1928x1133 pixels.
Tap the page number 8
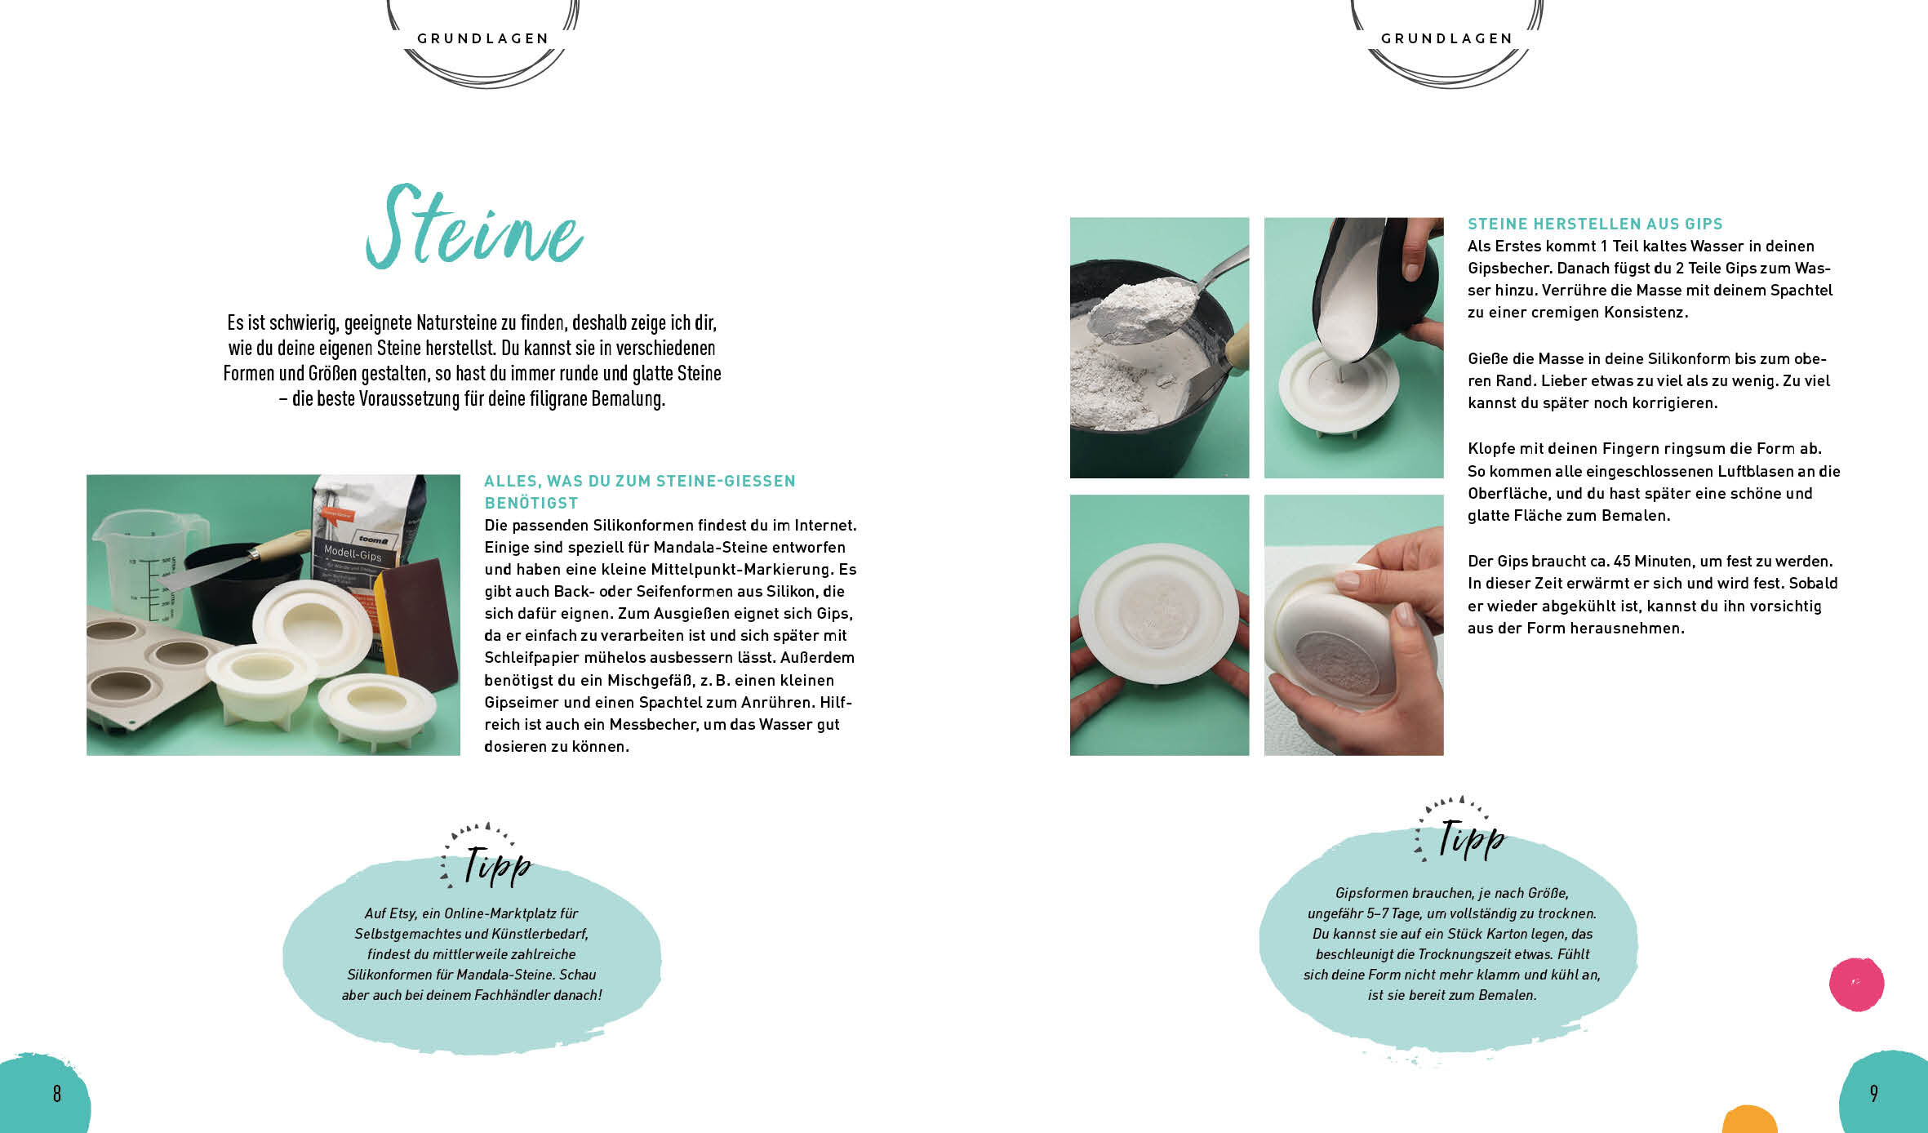57,1094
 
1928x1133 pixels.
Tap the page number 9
1874,1093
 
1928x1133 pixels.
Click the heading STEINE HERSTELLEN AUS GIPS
1595,224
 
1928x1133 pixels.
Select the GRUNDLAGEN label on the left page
483,38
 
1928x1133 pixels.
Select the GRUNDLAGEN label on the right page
1447,38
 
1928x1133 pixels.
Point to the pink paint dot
1856,984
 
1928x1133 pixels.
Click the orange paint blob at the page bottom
1750,1120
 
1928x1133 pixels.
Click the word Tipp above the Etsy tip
497,865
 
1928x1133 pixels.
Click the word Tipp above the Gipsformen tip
1472,839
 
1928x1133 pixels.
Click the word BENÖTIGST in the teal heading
531,503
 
